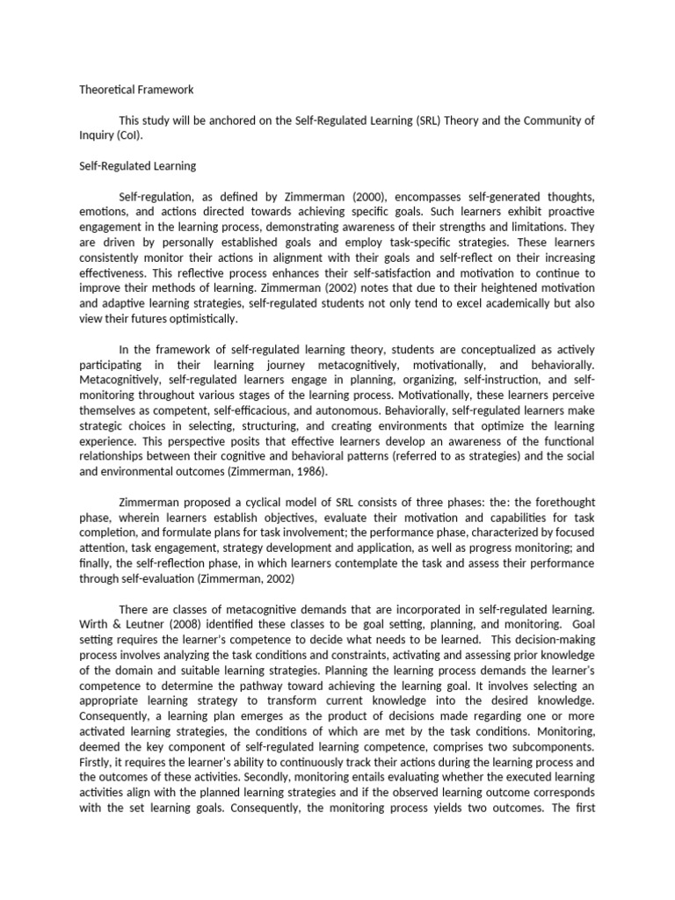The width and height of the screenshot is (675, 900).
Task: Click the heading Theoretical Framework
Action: (136, 90)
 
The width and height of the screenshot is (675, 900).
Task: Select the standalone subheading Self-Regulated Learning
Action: (138, 165)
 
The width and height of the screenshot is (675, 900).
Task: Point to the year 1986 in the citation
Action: (308, 471)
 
